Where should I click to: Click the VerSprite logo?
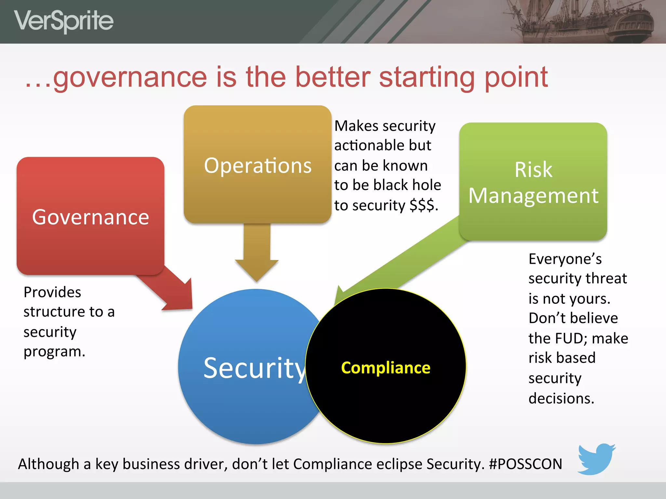tap(64, 21)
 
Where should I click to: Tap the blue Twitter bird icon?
tap(596, 459)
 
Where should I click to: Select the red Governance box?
tap(90, 216)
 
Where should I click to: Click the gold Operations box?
tap(258, 164)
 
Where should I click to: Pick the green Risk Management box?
tap(533, 182)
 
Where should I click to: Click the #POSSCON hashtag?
tap(526, 464)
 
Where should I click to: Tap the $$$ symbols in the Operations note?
tap(422, 205)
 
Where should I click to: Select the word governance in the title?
tap(130, 78)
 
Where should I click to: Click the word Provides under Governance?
tap(52, 292)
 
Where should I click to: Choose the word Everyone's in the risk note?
tap(565, 259)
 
